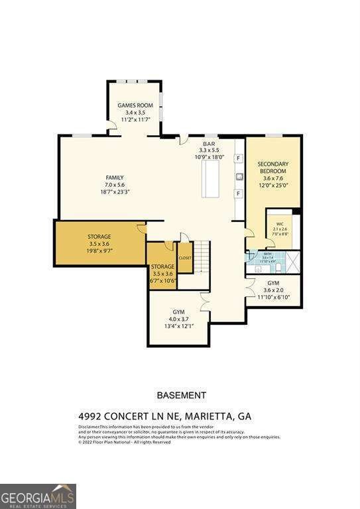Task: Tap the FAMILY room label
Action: coord(115,178)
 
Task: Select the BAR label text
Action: coord(210,143)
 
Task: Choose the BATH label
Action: coord(267,254)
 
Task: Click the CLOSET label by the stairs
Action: coord(185,258)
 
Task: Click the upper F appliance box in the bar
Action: coord(237,160)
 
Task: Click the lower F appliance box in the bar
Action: coord(237,193)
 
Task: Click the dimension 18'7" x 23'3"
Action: coord(115,192)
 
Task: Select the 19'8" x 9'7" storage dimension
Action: coord(99,251)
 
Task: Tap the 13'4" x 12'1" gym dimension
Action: coord(178,326)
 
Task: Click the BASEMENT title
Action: coord(181,395)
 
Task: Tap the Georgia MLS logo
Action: coord(38,496)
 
